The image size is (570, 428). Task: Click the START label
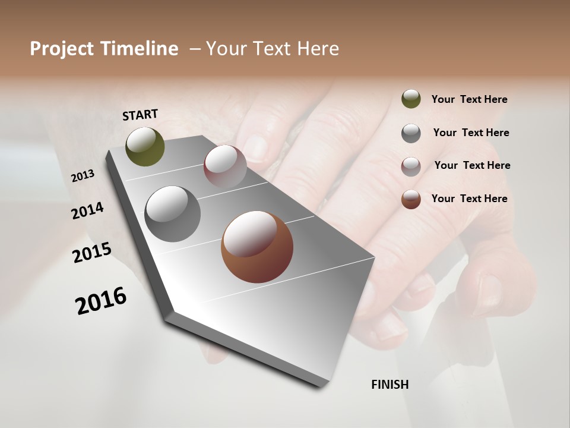pyautogui.click(x=140, y=115)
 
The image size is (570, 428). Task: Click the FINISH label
pyautogui.click(x=389, y=385)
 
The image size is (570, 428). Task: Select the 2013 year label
pyautogui.click(x=83, y=176)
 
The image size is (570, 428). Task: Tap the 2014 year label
pyautogui.click(x=87, y=210)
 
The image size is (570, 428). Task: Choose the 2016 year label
pyautogui.click(x=101, y=301)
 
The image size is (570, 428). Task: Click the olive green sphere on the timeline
pyautogui.click(x=145, y=147)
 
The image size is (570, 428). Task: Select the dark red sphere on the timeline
pyautogui.click(x=225, y=166)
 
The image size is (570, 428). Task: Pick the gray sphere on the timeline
pyautogui.click(x=173, y=213)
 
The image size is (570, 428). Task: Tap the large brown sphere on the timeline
pyautogui.click(x=257, y=246)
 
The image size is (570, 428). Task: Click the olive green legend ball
pyautogui.click(x=411, y=99)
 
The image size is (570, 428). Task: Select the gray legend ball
pyautogui.click(x=411, y=133)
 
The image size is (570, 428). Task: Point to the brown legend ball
pyautogui.click(x=411, y=199)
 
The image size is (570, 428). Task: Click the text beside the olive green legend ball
pyautogui.click(x=469, y=100)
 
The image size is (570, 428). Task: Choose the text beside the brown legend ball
pyautogui.click(x=469, y=199)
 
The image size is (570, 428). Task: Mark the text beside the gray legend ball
pyautogui.click(x=471, y=133)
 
